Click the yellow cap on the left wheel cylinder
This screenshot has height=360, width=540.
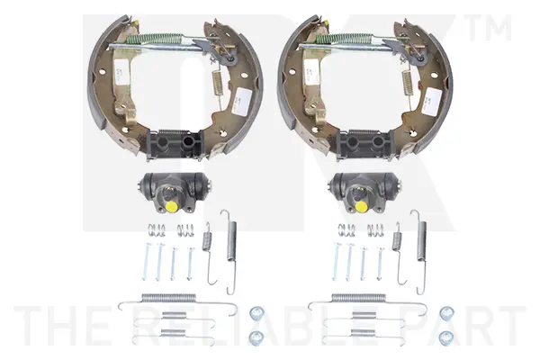(171, 207)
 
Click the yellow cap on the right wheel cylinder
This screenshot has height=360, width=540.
(361, 207)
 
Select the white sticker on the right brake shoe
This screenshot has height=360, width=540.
(434, 102)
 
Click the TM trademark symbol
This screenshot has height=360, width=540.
(489, 28)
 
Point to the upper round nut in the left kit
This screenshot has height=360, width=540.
(256, 313)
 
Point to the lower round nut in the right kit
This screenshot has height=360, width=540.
(446, 337)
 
